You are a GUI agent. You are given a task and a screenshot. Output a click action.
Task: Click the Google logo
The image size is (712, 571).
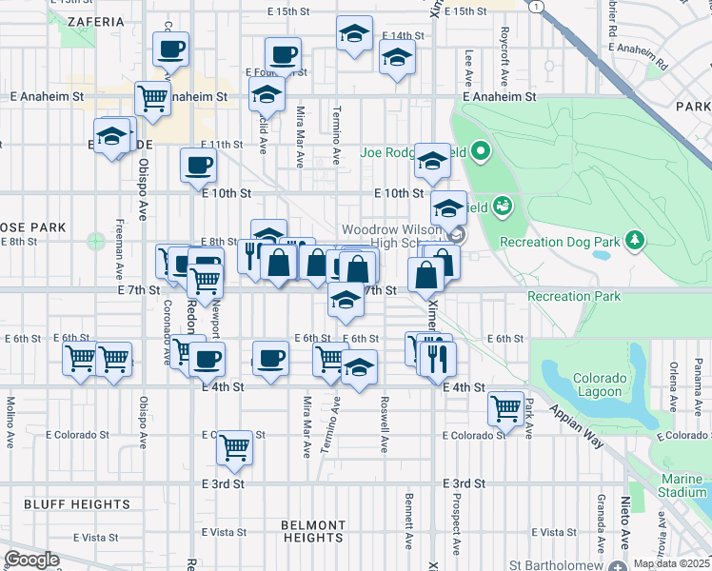[31, 559]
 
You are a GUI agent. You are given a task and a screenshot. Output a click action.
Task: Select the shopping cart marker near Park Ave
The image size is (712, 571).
[506, 408]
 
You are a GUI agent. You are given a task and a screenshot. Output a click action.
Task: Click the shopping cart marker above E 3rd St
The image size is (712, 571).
[234, 447]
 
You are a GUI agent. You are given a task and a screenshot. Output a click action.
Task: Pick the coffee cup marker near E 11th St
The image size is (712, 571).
[198, 165]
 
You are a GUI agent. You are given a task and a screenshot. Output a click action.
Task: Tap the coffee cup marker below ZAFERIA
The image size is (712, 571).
[171, 49]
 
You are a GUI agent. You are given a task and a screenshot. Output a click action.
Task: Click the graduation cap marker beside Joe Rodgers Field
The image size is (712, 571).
[431, 161]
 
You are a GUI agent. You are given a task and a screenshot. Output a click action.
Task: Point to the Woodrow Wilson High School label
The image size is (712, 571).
[393, 236]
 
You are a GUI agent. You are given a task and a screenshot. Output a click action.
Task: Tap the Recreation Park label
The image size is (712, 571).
[574, 296]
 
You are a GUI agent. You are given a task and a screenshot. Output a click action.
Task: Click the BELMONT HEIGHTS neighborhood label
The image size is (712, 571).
[313, 531]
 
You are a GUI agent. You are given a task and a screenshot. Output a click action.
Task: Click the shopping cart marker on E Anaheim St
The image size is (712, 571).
[152, 96]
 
